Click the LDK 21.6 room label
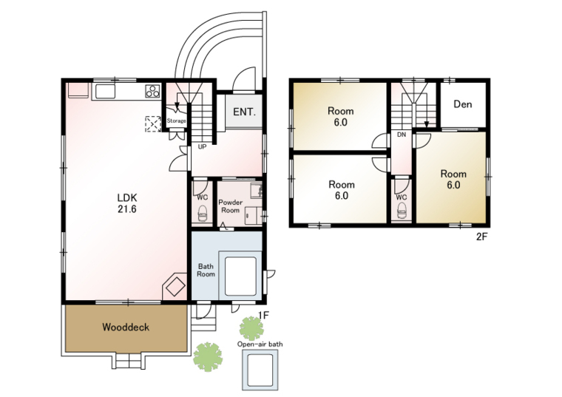coord(127,203)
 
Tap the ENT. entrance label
coord(245,112)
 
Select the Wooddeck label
coord(126,327)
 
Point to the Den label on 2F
coord(463,104)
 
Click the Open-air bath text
coord(260,345)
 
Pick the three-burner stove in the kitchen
coord(152,91)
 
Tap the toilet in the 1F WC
coord(203,213)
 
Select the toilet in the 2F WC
coord(402,210)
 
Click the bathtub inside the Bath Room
coord(240,276)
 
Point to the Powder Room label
coord(231,206)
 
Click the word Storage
coord(176,121)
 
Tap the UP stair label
coord(202,147)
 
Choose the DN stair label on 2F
coord(402,135)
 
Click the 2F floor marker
coord(482,237)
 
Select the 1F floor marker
coord(263,315)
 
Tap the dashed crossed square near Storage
coord(153,124)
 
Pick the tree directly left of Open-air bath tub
coord(208,357)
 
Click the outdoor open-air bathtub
coord(260,370)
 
